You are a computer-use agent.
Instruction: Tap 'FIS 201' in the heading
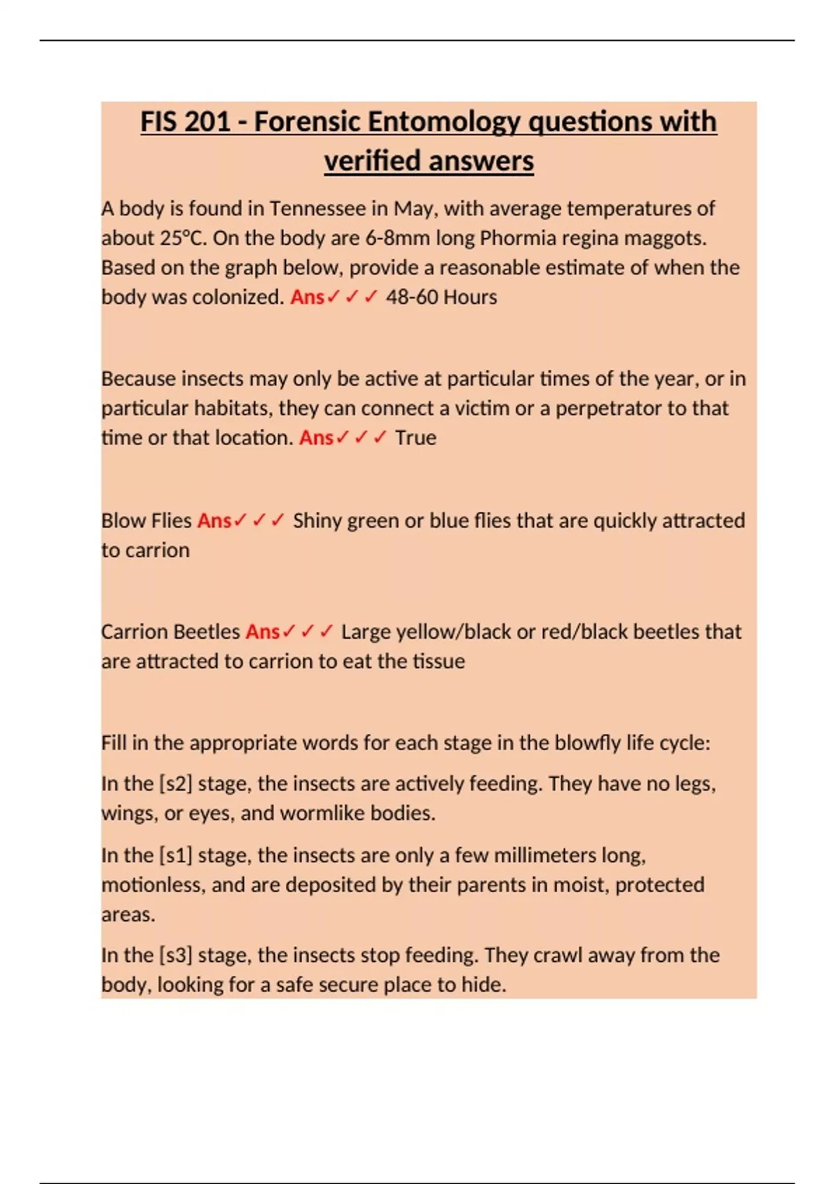184,122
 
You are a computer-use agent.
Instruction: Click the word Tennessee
317,208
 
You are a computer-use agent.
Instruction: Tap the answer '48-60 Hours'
441,297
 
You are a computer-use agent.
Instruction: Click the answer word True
415,438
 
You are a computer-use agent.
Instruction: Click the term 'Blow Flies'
146,521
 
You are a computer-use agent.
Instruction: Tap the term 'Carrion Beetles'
170,632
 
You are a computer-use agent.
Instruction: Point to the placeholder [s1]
175,855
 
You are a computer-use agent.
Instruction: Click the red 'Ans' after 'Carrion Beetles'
262,632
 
